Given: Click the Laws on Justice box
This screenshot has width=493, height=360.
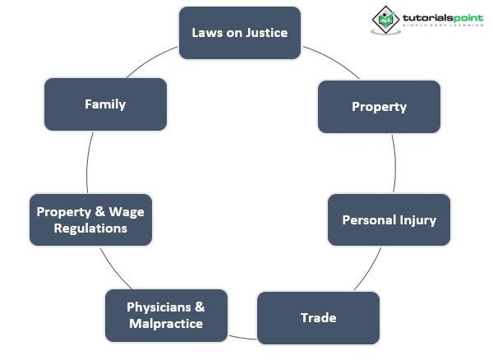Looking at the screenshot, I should click(240, 33).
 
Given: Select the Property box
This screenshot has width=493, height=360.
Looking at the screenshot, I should click(379, 106).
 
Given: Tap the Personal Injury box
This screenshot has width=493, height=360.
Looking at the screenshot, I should click(389, 219).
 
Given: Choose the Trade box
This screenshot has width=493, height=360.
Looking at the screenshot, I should click(318, 317).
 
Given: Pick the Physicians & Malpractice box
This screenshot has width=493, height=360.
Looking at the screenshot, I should click(166, 315).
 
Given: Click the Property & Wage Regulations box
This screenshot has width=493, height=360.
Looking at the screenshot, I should click(90, 219).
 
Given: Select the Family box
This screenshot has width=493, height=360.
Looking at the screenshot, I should click(105, 104).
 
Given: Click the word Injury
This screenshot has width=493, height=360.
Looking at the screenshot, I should click(417, 220).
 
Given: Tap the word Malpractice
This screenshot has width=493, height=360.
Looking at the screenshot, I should click(166, 324).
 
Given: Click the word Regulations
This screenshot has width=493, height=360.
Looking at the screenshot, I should click(90, 228).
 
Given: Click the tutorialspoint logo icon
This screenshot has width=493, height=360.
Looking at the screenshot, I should click(385, 20).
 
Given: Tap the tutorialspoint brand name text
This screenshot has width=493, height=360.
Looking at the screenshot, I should click(440, 17).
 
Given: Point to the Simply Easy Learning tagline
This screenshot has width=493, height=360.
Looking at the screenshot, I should click(440, 28).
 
